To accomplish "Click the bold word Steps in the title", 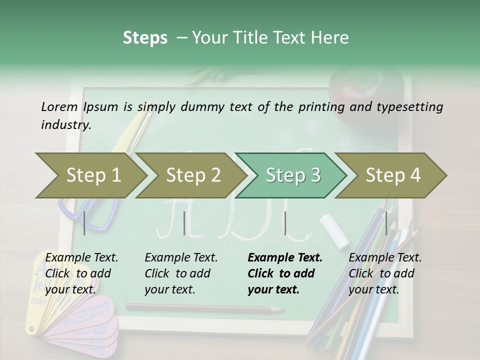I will coord(145,38).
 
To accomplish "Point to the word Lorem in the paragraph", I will coord(59,106).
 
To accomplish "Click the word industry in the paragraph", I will coord(65,125).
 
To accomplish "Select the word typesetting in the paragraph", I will coord(411,106).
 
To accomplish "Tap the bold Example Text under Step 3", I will coord(285,258).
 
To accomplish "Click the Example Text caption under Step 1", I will coord(81,258).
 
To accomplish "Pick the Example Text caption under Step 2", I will coord(181,258).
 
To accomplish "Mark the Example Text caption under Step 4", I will coord(385,258).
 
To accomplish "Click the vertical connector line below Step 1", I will coord(84,223).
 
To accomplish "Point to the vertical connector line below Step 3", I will coord(285,223).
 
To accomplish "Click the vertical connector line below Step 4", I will coord(386,223).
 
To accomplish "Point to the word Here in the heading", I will coord(331,38).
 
